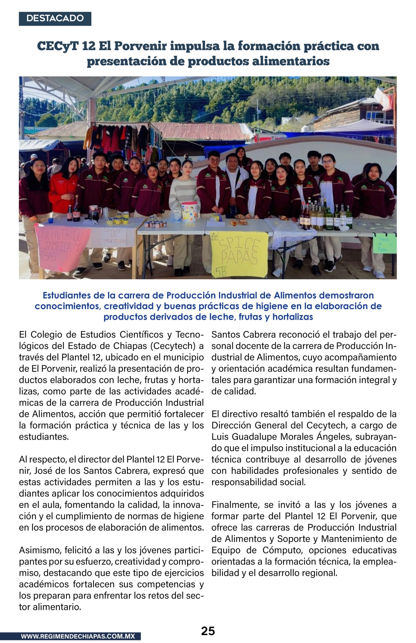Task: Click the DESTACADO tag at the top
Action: coord(55,18)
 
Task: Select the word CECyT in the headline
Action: coord(57,46)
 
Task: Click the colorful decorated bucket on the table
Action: coord(190,212)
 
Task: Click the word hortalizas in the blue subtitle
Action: coord(292,316)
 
